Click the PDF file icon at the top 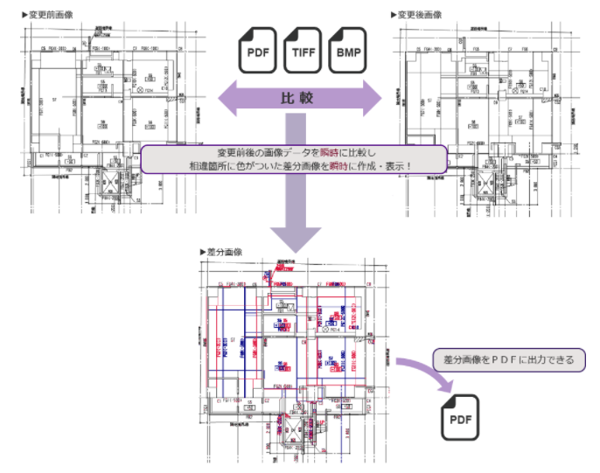tap(258, 50)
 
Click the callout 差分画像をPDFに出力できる tap(509, 359)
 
